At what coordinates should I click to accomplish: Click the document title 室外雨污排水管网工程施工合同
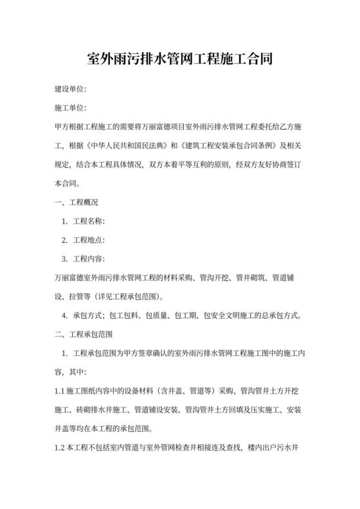(179, 60)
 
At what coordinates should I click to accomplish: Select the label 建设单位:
(70, 87)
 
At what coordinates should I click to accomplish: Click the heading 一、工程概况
(76, 201)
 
